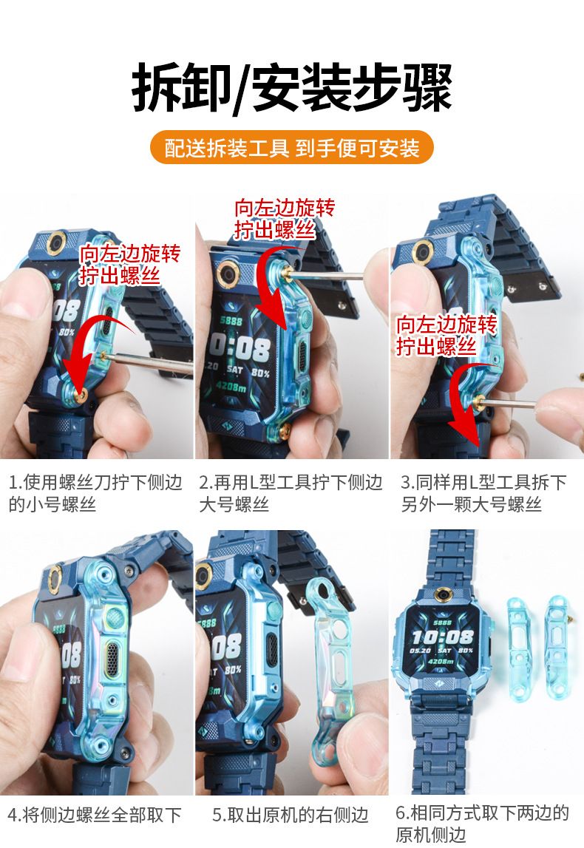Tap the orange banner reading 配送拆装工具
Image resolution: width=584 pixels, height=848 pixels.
(x=292, y=148)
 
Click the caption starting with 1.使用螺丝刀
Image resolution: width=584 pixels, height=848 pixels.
(x=95, y=492)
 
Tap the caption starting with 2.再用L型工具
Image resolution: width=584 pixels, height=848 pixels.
(x=291, y=492)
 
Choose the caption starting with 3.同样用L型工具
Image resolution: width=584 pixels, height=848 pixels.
(x=483, y=492)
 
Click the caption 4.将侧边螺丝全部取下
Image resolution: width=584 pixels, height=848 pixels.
(x=95, y=815)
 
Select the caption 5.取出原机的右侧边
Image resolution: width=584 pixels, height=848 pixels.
(x=291, y=815)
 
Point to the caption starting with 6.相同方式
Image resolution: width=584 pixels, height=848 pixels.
(x=482, y=823)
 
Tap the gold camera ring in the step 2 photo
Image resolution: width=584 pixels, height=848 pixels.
(x=228, y=272)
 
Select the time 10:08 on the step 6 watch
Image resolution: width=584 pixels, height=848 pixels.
(x=443, y=637)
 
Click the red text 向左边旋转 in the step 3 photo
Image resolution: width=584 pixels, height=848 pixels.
(x=446, y=325)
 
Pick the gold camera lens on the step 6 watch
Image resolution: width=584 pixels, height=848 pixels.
(x=444, y=595)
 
